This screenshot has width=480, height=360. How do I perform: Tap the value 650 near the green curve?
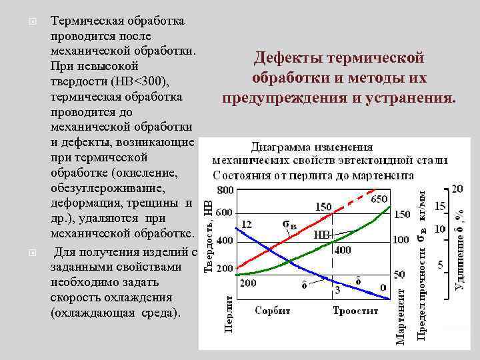point(379,199)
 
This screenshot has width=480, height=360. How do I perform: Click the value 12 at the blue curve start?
point(247,225)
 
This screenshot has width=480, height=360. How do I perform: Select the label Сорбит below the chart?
point(273,310)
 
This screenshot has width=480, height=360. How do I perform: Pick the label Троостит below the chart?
point(355,310)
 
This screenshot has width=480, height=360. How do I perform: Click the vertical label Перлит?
point(229,314)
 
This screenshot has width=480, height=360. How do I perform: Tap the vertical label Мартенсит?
point(401,314)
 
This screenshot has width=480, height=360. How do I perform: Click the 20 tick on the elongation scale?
point(457,189)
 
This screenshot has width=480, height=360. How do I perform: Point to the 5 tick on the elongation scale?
point(440,265)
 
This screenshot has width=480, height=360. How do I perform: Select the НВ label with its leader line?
point(321,235)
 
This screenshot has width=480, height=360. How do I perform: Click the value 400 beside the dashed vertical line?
point(342,250)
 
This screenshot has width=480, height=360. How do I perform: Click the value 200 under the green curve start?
point(248,283)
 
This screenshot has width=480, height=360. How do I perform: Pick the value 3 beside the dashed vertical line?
point(337,290)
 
